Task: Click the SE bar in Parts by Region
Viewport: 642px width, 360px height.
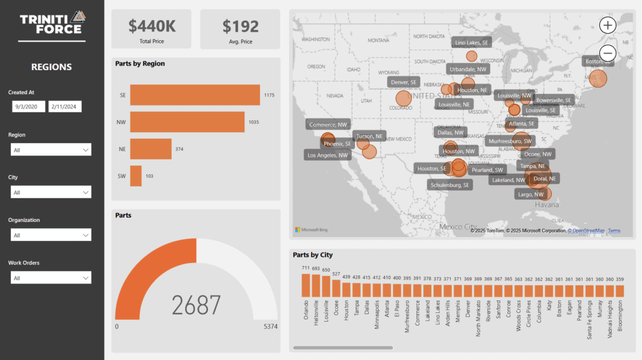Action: [194, 95]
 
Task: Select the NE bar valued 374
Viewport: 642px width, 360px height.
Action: [150, 149]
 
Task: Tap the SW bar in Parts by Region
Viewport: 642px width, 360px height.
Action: [135, 176]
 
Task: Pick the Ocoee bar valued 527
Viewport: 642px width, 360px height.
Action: [335, 288]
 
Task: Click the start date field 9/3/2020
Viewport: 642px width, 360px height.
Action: [28, 107]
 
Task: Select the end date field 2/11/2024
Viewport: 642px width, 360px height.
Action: [65, 107]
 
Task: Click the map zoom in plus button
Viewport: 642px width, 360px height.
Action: [608, 25]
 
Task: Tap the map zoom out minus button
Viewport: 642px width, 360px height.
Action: [608, 53]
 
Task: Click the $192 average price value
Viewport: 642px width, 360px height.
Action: [240, 26]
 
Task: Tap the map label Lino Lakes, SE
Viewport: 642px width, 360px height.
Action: [471, 42]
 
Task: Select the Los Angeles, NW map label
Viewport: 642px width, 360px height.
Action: [327, 155]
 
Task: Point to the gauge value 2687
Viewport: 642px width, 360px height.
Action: [196, 305]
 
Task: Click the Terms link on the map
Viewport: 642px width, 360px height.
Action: [614, 231]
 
